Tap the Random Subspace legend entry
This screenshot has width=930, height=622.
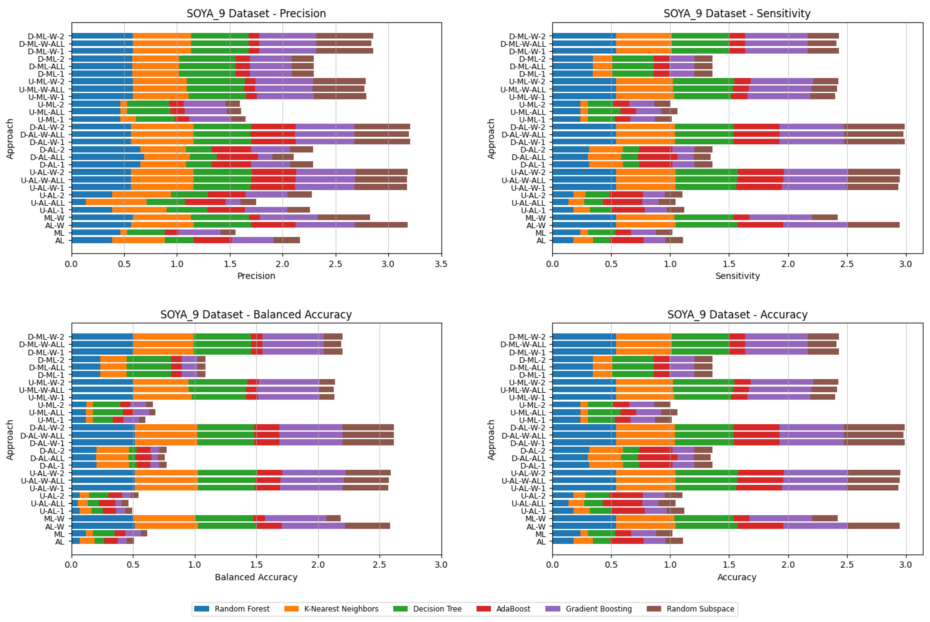[x=700, y=609]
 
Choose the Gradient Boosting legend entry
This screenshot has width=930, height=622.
[x=598, y=609]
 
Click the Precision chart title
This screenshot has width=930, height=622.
[x=256, y=13]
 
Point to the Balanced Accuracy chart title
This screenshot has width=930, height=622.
[x=256, y=315]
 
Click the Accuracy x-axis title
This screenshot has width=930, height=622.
[x=737, y=577]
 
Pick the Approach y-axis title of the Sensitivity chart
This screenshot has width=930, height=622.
[x=491, y=139]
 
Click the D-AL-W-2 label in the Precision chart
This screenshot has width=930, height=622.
[x=47, y=127]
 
